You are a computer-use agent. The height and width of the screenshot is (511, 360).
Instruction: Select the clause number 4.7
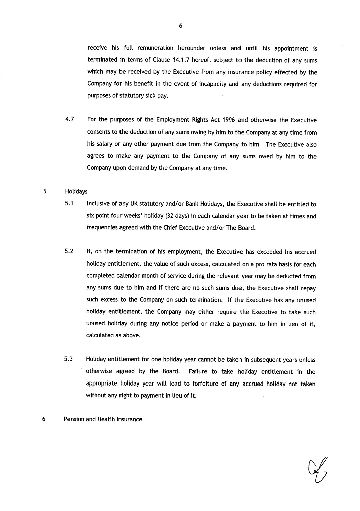point(70,120)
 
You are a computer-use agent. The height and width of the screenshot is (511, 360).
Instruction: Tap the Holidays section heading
point(76,192)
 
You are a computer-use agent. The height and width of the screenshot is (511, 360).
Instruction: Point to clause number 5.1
point(69,204)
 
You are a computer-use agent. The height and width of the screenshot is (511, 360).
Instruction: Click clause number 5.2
point(69,251)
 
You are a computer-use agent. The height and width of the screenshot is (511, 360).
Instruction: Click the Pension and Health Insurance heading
point(103,419)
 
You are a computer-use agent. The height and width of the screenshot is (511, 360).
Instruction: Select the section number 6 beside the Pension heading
point(44,419)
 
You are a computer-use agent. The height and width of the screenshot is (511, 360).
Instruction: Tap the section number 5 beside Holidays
point(44,192)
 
